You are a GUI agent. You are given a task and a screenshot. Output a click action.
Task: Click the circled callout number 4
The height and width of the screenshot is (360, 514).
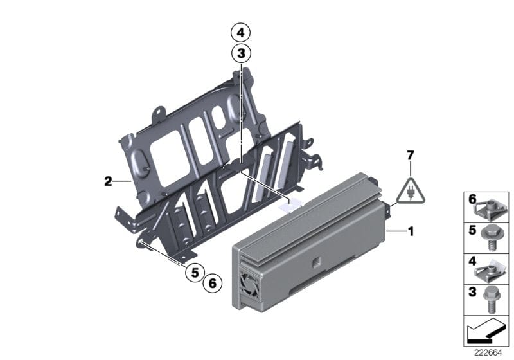(240, 32)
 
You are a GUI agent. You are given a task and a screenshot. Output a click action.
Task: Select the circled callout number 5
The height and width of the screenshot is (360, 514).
(193, 273)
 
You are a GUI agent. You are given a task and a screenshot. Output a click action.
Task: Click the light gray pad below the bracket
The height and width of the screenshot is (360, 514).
(290, 205)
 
